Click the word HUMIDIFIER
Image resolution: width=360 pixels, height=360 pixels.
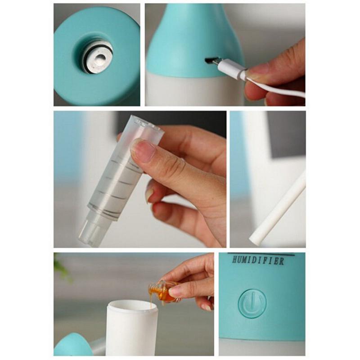(258, 261)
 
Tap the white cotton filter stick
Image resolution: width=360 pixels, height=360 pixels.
(278, 209)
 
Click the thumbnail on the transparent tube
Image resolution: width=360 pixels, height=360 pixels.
(142, 150)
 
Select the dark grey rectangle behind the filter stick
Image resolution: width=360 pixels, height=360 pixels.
(286, 135)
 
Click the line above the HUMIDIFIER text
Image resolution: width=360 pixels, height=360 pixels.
(261, 254)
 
